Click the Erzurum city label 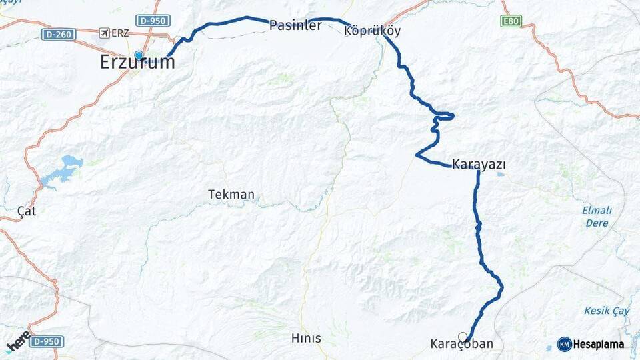(137, 63)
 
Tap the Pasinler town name (295, 26)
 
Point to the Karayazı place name (479, 163)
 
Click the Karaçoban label (461, 345)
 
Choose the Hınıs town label (306, 339)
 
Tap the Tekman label (231, 195)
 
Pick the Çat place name (27, 211)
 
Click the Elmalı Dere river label (597, 216)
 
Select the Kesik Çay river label (607, 311)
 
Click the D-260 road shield (57, 33)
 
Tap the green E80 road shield (511, 21)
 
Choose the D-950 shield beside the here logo (46, 341)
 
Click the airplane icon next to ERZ (104, 33)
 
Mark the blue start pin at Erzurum (139, 56)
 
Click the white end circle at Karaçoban (463, 337)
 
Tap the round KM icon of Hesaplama (564, 344)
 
